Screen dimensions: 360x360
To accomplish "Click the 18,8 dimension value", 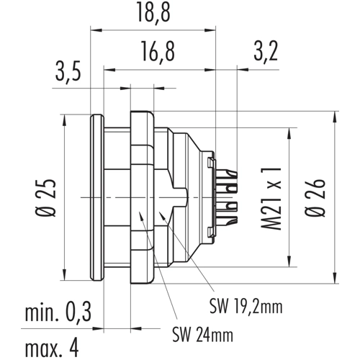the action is (x=153, y=13).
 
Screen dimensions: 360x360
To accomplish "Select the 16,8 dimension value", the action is (x=158, y=52).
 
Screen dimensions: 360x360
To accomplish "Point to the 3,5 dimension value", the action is (x=68, y=71).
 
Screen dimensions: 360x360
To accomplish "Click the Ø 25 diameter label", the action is (x=46, y=197).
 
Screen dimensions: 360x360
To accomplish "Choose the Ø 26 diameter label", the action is (x=315, y=197).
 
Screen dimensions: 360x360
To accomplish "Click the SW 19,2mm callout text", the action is (x=246, y=306).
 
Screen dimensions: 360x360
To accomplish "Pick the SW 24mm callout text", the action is (x=203, y=334).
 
